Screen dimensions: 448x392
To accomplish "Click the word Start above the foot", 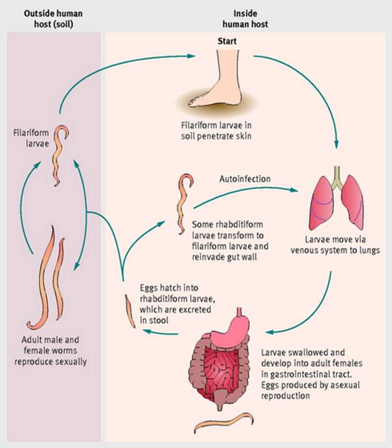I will (x=227, y=42).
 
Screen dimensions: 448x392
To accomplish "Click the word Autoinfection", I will (x=245, y=179).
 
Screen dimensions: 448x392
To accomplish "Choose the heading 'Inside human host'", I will (x=245, y=18).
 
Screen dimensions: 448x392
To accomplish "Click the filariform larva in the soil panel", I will (x=60, y=156).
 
